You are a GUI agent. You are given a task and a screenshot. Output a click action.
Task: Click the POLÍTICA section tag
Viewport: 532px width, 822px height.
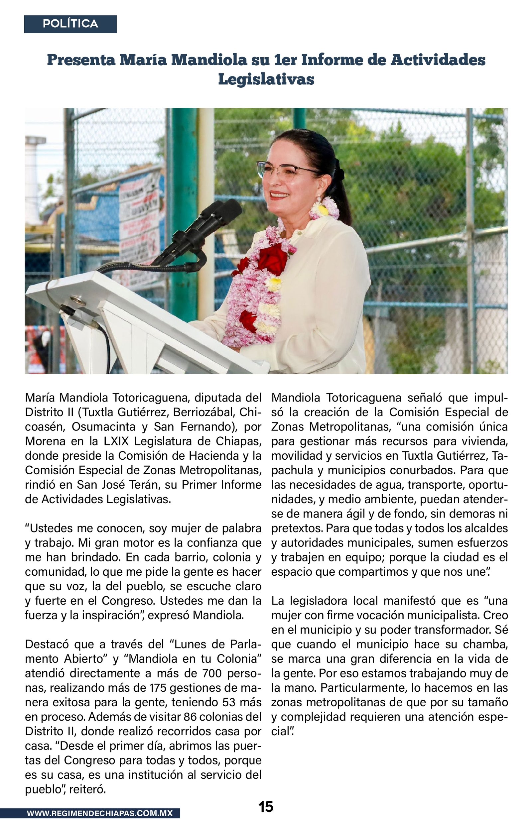[70, 24]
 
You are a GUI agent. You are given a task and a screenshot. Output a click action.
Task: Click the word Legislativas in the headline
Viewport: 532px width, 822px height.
[266, 79]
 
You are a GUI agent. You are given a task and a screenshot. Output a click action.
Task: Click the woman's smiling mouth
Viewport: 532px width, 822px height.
[279, 195]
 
